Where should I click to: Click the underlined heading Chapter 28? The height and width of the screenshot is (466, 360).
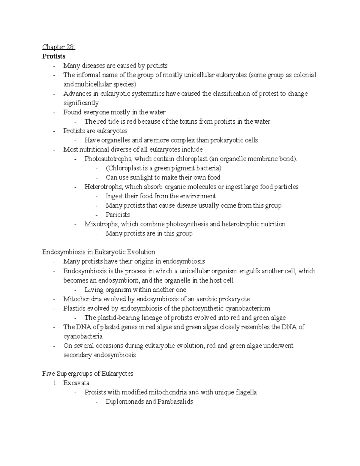[59, 47]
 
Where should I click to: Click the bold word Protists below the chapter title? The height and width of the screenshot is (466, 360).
[54, 56]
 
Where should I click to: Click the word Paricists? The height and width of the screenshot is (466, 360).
[118, 215]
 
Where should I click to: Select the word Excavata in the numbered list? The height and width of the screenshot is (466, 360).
[76, 383]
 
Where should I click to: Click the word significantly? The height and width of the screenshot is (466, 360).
[81, 103]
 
